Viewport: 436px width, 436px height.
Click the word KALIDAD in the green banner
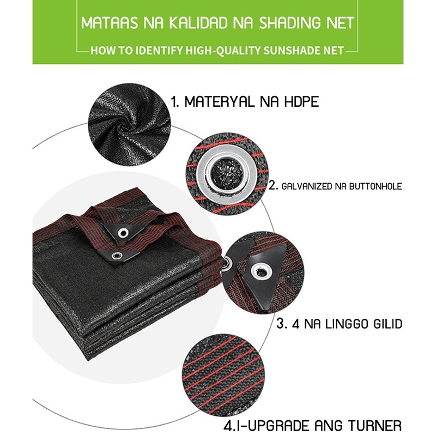[x=198, y=23]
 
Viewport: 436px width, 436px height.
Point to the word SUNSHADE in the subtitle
[x=290, y=51]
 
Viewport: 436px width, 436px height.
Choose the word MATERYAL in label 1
[x=219, y=102]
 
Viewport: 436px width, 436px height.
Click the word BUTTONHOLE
[x=376, y=186]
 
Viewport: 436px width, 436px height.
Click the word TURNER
[x=374, y=426]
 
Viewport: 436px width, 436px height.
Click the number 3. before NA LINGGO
[x=282, y=324]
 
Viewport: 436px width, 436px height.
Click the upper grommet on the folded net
[x=123, y=233]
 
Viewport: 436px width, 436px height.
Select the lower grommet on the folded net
[x=117, y=256]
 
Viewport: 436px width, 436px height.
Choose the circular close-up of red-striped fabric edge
[x=223, y=373]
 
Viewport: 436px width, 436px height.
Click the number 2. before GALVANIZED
[x=273, y=186]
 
